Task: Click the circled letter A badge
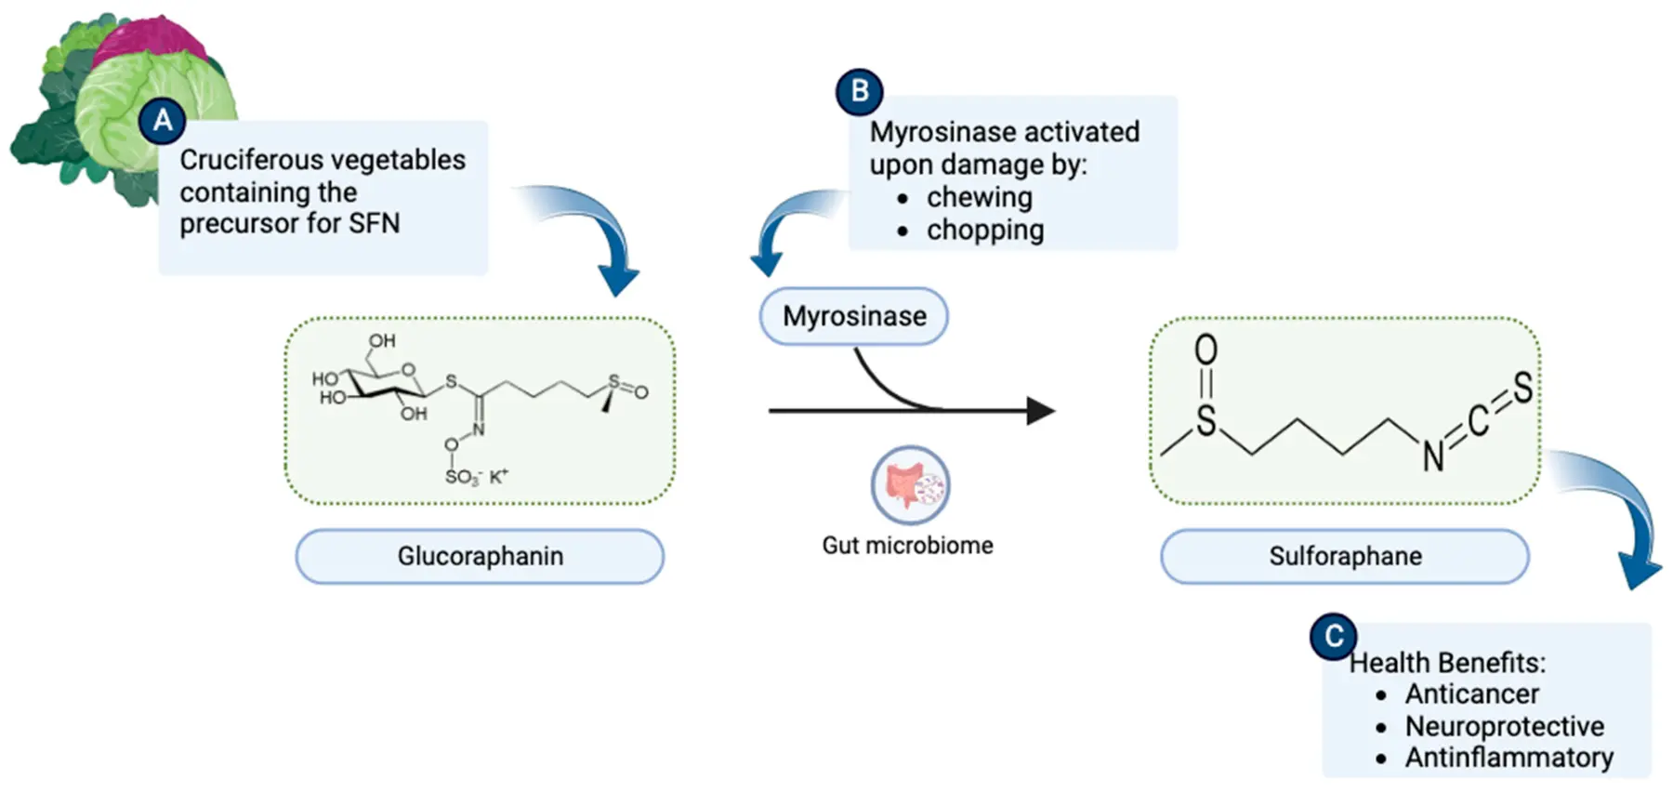(x=163, y=121)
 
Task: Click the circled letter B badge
(x=859, y=91)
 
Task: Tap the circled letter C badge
(x=1333, y=637)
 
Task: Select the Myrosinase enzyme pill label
(x=854, y=316)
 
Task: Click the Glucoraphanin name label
(x=480, y=556)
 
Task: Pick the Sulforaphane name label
(x=1345, y=556)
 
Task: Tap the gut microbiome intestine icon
(x=910, y=485)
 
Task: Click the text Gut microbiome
(x=907, y=545)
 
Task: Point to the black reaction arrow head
(x=1041, y=410)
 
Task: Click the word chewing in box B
(x=979, y=197)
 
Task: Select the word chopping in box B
(x=984, y=230)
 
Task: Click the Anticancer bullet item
(x=1471, y=694)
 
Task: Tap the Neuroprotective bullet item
(x=1504, y=726)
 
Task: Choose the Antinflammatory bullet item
(x=1508, y=758)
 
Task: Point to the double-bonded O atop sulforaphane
(x=1205, y=350)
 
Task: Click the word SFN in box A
(x=374, y=223)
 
